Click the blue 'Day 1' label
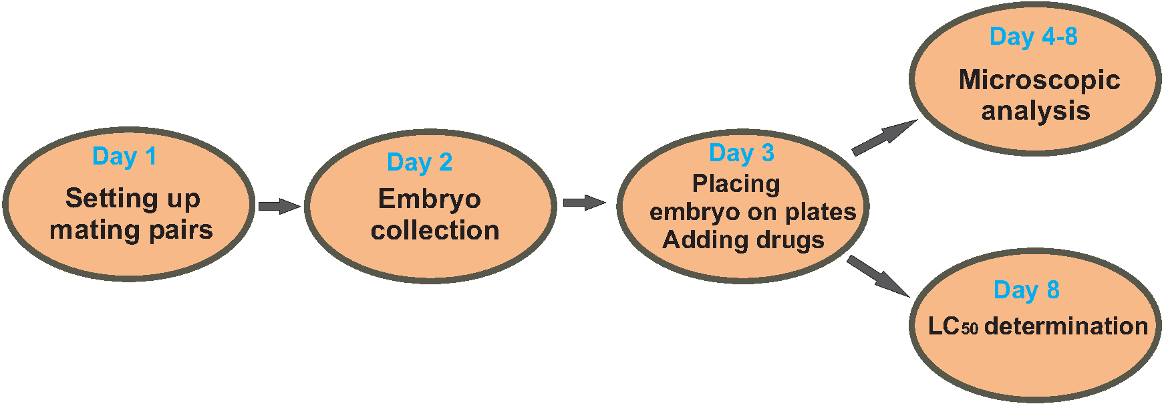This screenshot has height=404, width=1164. point(124,157)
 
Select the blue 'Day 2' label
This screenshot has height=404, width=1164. point(420,163)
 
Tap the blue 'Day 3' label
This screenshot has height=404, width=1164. point(741,153)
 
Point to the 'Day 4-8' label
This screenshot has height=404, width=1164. point(1033,37)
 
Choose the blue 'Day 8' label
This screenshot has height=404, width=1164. point(1026,290)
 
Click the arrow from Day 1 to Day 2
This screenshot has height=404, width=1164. point(279,206)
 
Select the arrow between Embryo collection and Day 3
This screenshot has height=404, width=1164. point(584,203)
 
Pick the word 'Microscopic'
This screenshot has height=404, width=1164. point(1039,80)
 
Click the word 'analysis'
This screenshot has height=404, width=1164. point(1035,111)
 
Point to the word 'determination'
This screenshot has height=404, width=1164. point(1066,326)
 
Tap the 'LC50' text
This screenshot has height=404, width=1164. point(952,326)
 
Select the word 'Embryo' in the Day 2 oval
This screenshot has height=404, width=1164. point(429,199)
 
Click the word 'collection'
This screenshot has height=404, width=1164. point(435,231)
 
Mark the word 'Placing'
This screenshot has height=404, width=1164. point(736,184)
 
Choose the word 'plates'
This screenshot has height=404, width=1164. point(821,212)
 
